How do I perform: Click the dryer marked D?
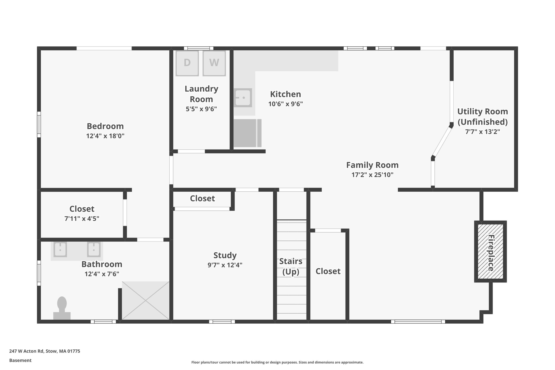187,63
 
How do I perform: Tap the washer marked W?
214,63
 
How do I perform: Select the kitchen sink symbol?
243,98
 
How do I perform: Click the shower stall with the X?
146,300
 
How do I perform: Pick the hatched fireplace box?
490,251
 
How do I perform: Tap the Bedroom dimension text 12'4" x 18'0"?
105,136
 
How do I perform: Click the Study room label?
225,255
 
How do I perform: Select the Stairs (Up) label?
291,266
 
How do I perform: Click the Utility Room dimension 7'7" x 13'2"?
482,132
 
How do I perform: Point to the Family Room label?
372,165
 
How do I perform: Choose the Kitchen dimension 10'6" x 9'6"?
285,104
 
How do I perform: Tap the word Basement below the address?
20,360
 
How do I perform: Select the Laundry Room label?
201,94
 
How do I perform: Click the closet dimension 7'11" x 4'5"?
82,218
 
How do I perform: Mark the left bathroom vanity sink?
60,249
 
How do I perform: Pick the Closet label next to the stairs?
328,271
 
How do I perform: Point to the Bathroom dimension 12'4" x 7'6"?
102,274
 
